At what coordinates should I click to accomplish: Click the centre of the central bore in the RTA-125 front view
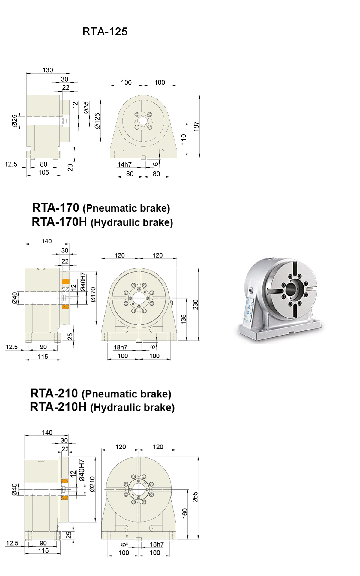click(143, 121)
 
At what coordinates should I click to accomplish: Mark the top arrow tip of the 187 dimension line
click(199, 96)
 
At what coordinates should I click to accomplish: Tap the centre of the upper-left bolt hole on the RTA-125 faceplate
click(137, 115)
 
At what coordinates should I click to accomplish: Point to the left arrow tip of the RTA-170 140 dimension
click(25, 244)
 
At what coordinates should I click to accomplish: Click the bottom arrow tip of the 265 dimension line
click(198, 539)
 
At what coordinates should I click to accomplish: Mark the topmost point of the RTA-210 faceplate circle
click(139, 457)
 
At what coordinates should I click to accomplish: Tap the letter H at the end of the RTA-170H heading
click(83, 222)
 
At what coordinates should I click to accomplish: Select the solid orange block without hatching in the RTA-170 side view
click(65, 282)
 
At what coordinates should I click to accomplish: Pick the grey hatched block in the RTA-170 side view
click(65, 290)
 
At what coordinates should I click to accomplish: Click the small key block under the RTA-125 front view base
click(143, 157)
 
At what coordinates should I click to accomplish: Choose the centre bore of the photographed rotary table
click(290, 289)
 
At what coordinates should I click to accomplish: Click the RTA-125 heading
click(105, 32)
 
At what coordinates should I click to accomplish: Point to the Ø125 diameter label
click(97, 121)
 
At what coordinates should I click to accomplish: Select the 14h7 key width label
click(124, 164)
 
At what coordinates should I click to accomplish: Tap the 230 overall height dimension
click(196, 304)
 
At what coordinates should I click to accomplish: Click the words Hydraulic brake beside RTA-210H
click(132, 408)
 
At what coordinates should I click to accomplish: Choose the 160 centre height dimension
click(184, 513)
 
